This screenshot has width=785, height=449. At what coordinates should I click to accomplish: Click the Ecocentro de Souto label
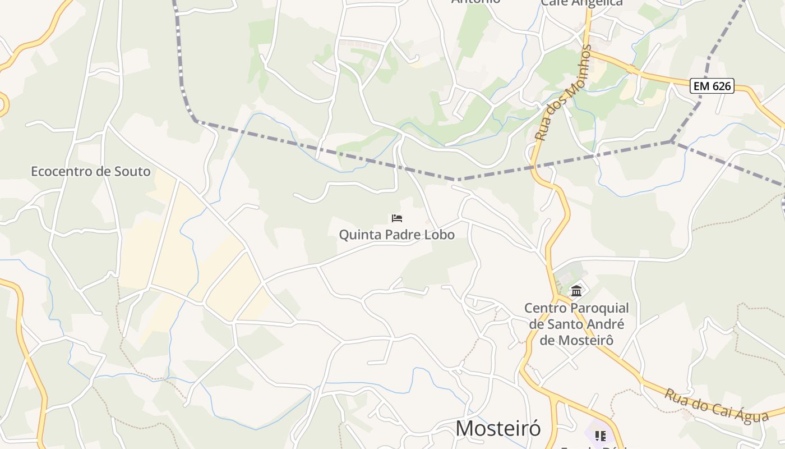[90, 171]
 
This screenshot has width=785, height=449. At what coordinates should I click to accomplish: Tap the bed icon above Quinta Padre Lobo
[397, 218]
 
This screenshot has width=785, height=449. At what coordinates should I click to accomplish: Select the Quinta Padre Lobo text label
[396, 235]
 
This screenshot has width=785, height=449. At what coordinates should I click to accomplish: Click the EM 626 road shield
[712, 86]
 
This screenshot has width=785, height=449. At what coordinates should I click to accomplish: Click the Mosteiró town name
[498, 428]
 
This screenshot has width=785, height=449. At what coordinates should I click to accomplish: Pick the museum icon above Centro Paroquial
[576, 291]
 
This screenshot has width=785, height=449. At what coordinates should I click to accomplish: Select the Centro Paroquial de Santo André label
[576, 324]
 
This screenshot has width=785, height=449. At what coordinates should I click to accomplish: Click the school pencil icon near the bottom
[601, 436]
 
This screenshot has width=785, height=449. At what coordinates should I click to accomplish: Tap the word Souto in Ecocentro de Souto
[132, 171]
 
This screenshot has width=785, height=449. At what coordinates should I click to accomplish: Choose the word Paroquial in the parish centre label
[599, 308]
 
